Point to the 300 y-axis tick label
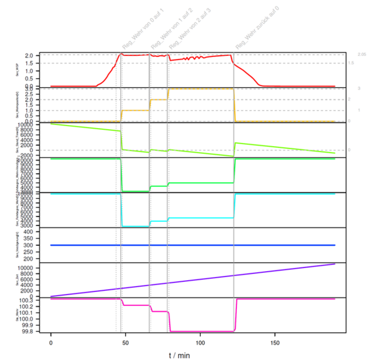coord(34,245)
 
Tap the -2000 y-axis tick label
coord(31,155)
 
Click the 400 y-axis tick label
coord(34,231)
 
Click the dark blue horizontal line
coord(192,245)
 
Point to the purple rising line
coord(192,282)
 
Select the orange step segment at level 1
coord(135,110)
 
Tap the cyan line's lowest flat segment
coord(135,226)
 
